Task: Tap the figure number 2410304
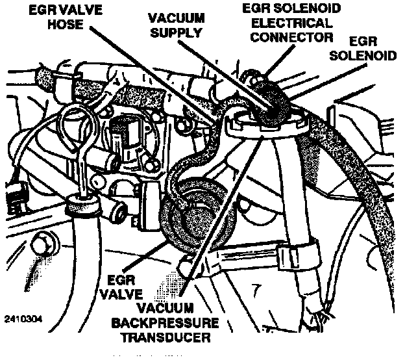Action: [22, 319]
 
